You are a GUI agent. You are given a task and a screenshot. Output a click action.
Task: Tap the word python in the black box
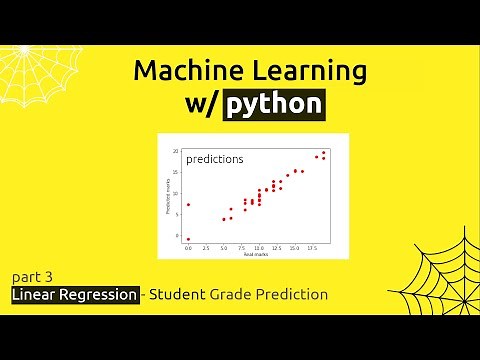tap(274, 103)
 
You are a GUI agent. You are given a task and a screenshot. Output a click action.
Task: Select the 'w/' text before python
tap(201, 103)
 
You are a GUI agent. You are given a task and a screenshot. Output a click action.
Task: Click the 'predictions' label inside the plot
tap(214, 158)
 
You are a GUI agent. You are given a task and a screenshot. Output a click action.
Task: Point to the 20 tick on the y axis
tap(176, 151)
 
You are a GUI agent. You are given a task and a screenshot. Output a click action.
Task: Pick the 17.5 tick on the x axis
tap(313, 247)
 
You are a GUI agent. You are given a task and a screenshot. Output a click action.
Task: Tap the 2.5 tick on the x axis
tap(206, 247)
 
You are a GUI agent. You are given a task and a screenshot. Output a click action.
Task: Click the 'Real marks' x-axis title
tap(255, 253)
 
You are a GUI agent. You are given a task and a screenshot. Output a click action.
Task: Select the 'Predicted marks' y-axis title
tap(168, 195)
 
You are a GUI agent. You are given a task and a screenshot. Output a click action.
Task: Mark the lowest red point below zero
tap(188, 239)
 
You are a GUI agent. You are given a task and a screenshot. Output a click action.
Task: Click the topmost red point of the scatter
tap(324, 152)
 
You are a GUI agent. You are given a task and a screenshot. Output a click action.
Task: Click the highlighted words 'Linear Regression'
tap(75, 295)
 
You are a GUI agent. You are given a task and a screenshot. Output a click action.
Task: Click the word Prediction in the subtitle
tap(291, 295)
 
